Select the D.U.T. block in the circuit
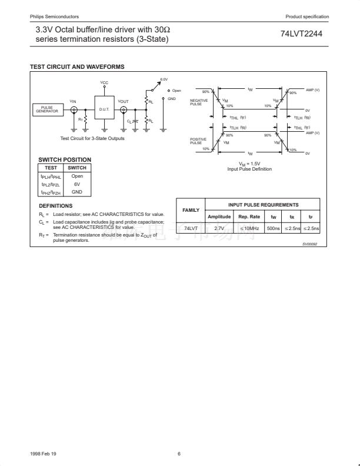pos(105,109)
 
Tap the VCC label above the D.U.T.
pos(104,82)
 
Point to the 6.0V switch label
pos(164,79)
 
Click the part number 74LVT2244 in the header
pos(301,34)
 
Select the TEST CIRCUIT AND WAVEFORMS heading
pos(77,67)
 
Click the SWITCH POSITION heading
pos(65,159)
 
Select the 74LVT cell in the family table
pos(191,228)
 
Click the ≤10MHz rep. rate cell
pos(249,228)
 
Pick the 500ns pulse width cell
pos(273,228)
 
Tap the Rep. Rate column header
pos(249,217)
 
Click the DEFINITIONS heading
pos(55,206)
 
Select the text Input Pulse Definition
pos(249,169)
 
